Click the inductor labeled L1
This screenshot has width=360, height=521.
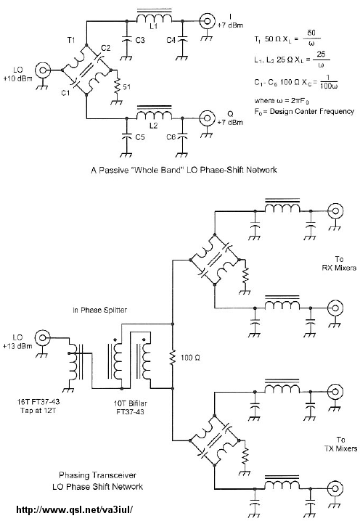coord(155,17)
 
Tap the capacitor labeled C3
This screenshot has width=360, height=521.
coord(126,39)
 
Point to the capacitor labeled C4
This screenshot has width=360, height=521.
coord(182,39)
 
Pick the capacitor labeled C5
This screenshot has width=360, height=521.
coord(126,136)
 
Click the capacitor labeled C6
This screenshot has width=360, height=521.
coord(182,136)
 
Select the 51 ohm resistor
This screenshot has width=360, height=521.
coord(117,86)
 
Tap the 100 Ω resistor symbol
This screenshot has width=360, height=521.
coord(173,358)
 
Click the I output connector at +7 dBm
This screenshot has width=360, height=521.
coord(207,21)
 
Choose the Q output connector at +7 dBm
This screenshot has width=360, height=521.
coord(207,118)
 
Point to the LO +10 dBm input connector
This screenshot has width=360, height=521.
coord(44,70)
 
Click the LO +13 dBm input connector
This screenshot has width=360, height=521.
coord(42,338)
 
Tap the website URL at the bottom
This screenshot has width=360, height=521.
coord(75,509)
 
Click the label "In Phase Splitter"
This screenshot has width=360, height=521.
coord(99,310)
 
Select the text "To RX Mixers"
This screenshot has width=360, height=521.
coord(339,263)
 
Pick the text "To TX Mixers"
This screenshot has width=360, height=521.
coord(340,444)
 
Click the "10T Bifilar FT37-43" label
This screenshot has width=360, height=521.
coord(130,407)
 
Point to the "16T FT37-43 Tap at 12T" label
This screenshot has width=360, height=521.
coord(38,406)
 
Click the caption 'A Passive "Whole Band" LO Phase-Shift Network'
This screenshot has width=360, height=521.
coord(184,170)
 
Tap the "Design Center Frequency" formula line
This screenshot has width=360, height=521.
coord(304,111)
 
